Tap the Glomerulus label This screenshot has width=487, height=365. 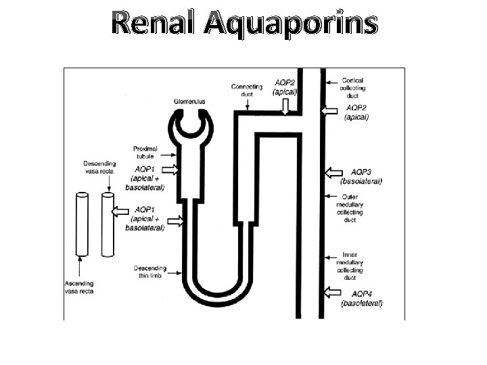[189, 101]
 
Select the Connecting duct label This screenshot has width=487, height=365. [247, 90]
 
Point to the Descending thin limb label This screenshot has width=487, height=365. [149, 271]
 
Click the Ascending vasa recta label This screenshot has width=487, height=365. [80, 287]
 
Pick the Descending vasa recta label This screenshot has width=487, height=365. [99, 168]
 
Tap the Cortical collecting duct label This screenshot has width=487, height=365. [353, 88]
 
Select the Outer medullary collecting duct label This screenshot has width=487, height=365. [350, 208]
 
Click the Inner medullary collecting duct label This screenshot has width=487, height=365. [350, 266]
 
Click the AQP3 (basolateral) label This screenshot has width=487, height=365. [361, 176]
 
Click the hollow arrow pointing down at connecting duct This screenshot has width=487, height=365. [286, 106]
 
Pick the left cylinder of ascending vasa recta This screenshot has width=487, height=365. [81, 224]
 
